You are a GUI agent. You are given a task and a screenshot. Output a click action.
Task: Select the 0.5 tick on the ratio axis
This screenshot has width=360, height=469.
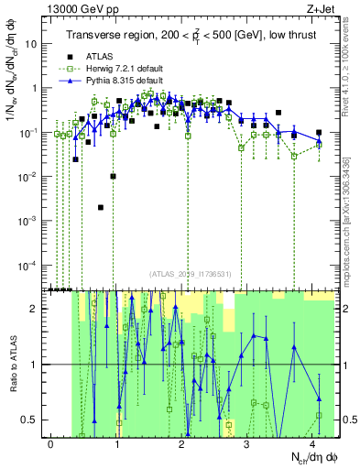tap(31, 420)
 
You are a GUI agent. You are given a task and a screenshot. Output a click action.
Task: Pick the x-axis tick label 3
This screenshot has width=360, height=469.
tap(247, 443)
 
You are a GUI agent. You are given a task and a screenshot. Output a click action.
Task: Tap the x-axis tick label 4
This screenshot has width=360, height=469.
tap(312, 443)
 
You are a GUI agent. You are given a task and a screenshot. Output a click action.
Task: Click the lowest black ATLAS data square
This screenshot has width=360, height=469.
tap(101, 208)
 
